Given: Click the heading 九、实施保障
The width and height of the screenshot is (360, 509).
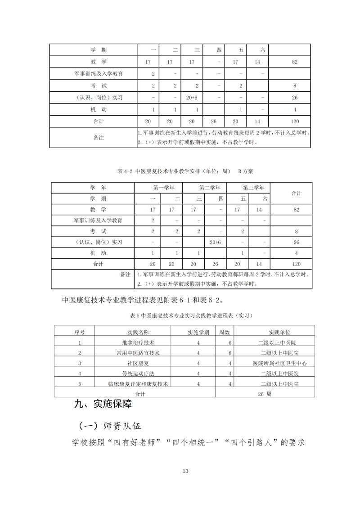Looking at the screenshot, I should [103, 404].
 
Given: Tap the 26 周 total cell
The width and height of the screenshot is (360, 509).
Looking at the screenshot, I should [265, 393].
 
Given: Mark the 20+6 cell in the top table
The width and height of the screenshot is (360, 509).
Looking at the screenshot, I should [192, 97].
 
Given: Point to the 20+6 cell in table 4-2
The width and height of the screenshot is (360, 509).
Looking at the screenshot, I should [215, 242].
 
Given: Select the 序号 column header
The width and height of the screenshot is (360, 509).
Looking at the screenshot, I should [79, 332].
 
